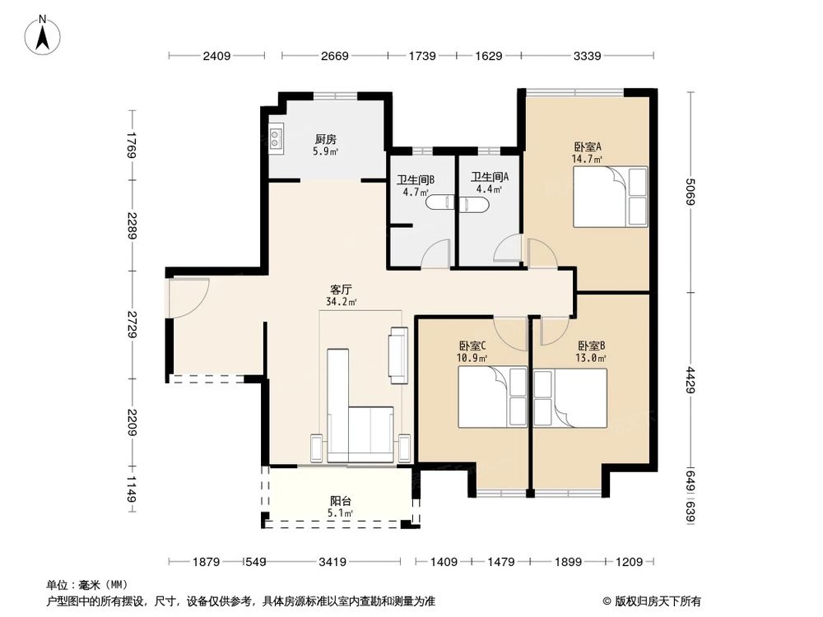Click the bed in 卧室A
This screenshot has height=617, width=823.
pos(610,197)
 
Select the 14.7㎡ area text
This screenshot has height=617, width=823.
pos(588,160)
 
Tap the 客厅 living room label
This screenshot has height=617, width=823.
pos(342,290)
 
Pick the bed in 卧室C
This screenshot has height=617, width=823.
pos(491,397)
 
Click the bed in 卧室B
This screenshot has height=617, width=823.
pos(570,398)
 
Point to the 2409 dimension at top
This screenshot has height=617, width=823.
pos(217,56)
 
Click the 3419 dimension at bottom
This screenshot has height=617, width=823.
pos(332,562)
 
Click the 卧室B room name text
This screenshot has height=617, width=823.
pos(592,346)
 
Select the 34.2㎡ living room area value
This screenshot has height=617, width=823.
pos(342,302)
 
